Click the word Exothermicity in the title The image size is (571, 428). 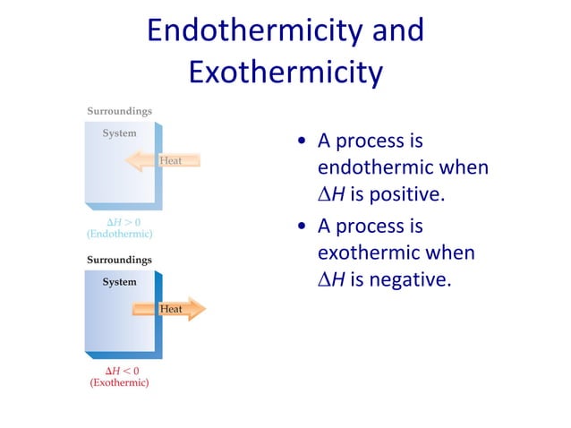[285, 72]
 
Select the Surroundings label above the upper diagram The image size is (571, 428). [119, 111]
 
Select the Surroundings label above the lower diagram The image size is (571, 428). [119, 260]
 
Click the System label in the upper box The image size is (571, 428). [119, 133]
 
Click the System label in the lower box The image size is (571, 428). [119, 282]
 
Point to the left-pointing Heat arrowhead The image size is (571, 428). [135, 161]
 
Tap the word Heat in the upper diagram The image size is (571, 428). [172, 161]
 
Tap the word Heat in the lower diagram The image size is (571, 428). [170, 309]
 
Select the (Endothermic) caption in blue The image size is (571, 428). [119, 234]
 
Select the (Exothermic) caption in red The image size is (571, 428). [119, 382]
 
